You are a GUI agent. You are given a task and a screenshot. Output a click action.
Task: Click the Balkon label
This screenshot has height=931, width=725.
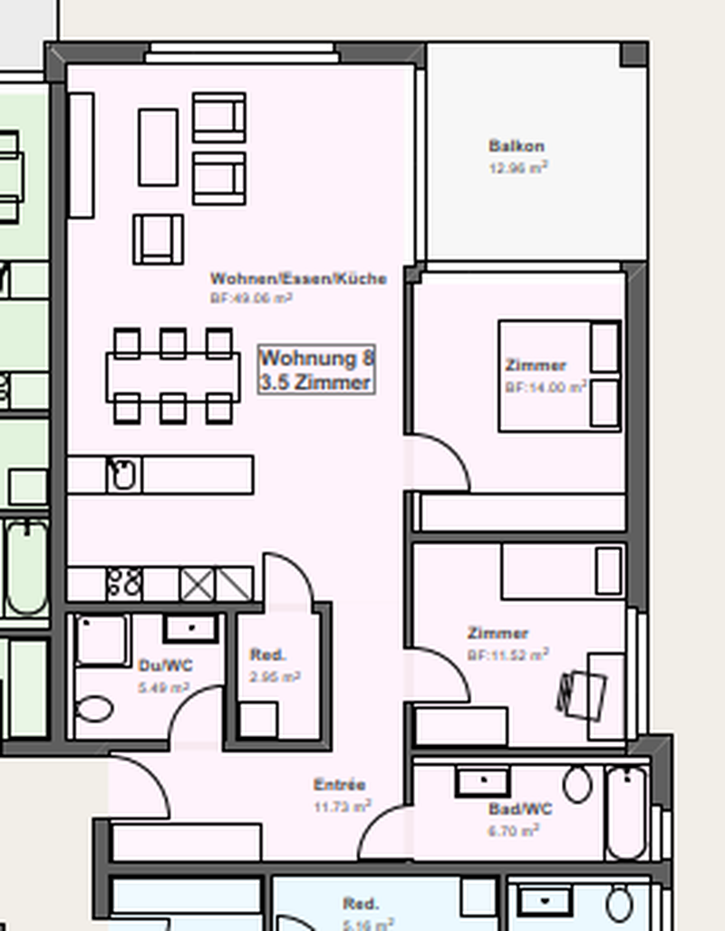pyautogui.click(x=517, y=146)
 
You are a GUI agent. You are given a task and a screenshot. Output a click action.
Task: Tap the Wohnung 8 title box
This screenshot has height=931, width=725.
pyautogui.click(x=316, y=369)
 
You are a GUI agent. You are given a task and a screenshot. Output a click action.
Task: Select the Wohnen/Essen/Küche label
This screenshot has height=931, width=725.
pyautogui.click(x=298, y=278)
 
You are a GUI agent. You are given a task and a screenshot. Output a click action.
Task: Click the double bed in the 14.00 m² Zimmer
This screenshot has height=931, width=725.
pyautogui.click(x=558, y=375)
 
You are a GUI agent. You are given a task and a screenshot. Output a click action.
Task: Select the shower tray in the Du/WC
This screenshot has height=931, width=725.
pyautogui.click(x=102, y=640)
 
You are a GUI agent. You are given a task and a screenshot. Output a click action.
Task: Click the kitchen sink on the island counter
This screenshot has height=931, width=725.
pyautogui.click(x=122, y=474)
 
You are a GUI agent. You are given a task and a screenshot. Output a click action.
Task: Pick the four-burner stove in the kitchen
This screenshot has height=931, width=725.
pyautogui.click(x=124, y=583)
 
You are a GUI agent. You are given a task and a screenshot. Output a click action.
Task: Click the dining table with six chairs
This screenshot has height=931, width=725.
pyautogui.click(x=172, y=376)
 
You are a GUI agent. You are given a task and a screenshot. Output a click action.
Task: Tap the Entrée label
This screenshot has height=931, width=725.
pyautogui.click(x=340, y=785)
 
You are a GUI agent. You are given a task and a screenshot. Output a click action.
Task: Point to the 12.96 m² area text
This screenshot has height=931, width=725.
pyautogui.click(x=517, y=167)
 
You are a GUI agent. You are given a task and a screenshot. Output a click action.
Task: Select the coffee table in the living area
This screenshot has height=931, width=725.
pyautogui.click(x=158, y=147)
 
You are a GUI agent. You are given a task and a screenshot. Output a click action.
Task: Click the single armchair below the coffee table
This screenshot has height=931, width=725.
pyautogui.click(x=159, y=238)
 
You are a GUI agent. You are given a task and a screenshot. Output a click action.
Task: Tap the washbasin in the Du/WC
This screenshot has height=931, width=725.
pyautogui.click(x=190, y=627)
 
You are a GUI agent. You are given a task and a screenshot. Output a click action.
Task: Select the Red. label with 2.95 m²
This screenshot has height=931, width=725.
pyautogui.click(x=268, y=655)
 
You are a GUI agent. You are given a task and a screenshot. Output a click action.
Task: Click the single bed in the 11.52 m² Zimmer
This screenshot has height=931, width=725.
pyautogui.click(x=563, y=571)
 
